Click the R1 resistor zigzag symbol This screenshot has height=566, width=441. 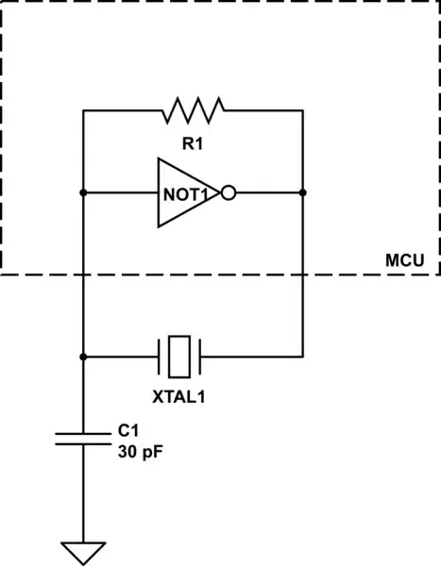194,110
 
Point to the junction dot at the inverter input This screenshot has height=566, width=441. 84,193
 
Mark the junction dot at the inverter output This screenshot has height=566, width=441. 302,193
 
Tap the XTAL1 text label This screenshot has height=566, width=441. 178,395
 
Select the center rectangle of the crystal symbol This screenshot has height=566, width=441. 179,358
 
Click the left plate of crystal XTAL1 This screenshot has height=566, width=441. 159,358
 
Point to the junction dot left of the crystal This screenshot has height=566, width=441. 84,358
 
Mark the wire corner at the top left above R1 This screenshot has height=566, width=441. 84,110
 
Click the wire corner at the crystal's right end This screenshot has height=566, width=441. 302,358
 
